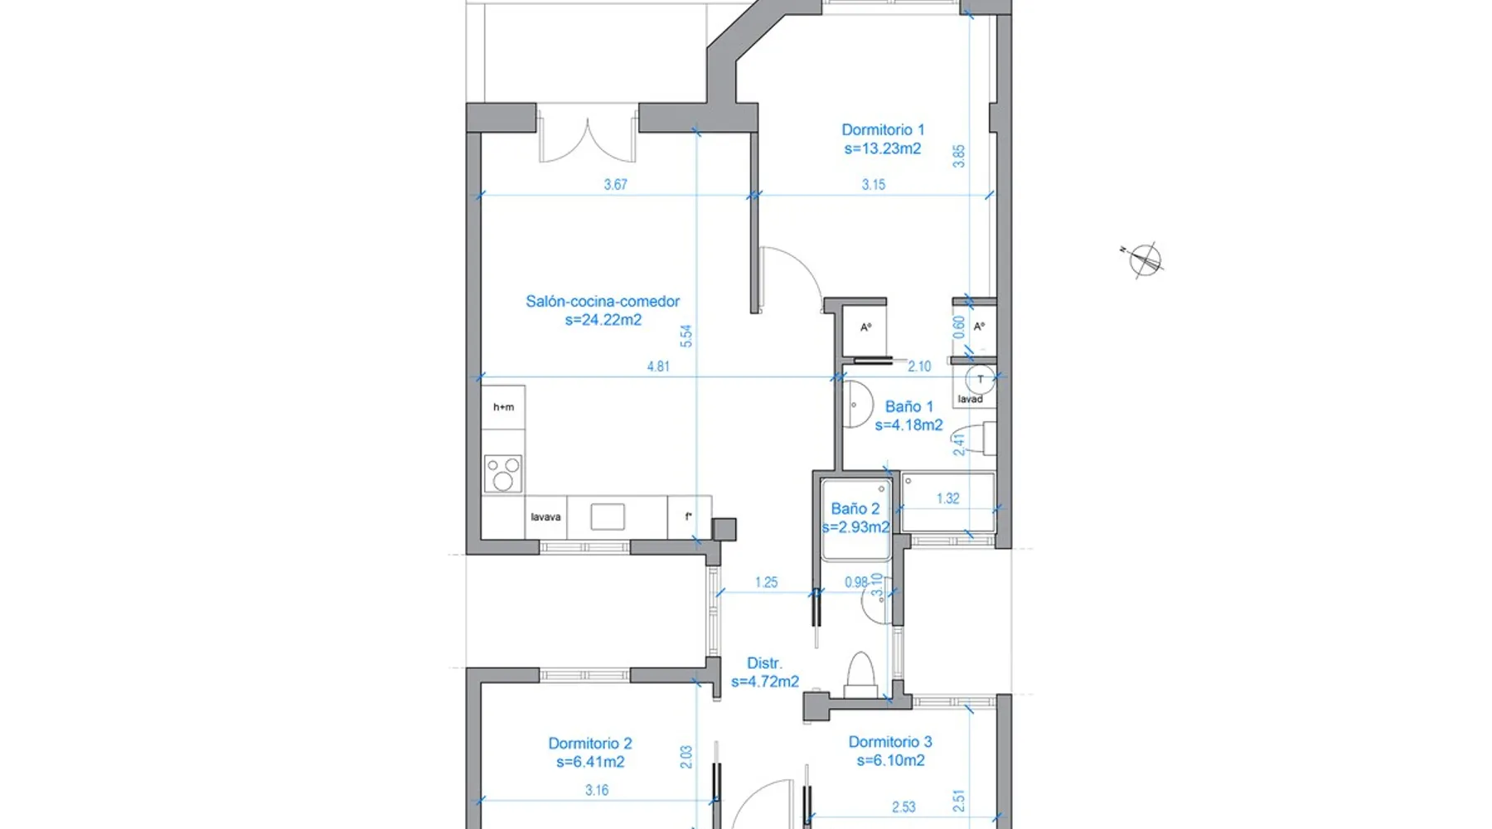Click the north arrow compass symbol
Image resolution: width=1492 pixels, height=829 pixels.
point(1144,259)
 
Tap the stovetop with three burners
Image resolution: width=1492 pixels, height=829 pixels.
point(503,473)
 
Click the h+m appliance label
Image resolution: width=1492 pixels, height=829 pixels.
point(503,407)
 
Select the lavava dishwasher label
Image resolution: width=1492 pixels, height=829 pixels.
point(545,517)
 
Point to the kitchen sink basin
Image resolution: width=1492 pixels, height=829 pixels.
point(608,516)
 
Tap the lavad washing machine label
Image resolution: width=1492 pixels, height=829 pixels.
point(970,400)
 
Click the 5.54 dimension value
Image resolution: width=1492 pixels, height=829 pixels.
point(685,336)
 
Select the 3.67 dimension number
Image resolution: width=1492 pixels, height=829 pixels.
point(616,185)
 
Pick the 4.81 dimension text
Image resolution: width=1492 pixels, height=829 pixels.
point(658,366)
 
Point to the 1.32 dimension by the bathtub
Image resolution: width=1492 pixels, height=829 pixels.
point(947,498)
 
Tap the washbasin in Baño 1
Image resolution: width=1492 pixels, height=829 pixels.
point(856,405)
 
